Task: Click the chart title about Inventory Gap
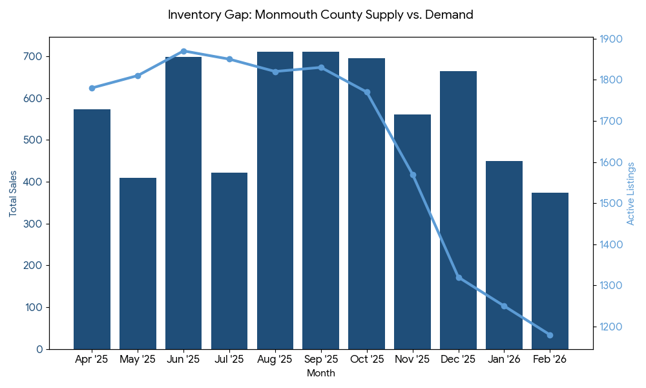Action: (320, 14)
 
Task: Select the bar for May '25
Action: (138, 263)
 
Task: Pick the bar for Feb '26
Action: (550, 271)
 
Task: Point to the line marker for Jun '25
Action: (183, 51)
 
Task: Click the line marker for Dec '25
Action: (459, 277)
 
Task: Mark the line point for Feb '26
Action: (550, 335)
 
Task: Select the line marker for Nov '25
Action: (413, 175)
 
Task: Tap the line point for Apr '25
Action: (92, 88)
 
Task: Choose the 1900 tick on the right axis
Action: (610, 39)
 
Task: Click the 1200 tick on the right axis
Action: (610, 327)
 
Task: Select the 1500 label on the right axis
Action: (610, 204)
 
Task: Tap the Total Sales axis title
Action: (13, 193)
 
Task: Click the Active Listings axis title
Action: (631, 193)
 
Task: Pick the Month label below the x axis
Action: (320, 373)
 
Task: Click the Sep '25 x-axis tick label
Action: (321, 360)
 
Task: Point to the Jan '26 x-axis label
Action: (504, 360)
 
